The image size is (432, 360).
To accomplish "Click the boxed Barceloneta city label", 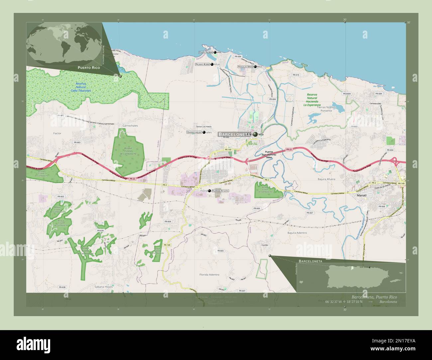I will pyautogui.click(x=234, y=134).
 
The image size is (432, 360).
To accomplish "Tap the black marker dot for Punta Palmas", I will pyautogui.click(x=215, y=52).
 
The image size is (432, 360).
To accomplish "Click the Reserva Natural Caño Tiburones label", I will pyautogui.click(x=81, y=87).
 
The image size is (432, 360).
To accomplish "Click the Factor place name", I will pyautogui.click(x=57, y=133).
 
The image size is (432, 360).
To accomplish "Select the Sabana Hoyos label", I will pyautogui.click(x=104, y=286).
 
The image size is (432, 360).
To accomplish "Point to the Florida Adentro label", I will pyautogui.click(x=209, y=275).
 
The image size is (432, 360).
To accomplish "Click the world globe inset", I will pyautogui.click(x=64, y=44).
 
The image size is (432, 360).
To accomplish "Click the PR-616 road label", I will pyautogui.click(x=296, y=75).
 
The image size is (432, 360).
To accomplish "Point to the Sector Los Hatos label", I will pyautogui.click(x=204, y=127).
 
